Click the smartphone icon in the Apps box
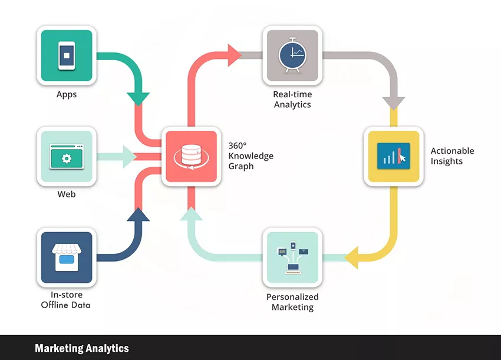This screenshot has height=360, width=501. click(67, 55)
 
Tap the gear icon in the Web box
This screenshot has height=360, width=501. click(67, 158)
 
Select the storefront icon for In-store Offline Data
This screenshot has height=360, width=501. click(67, 257)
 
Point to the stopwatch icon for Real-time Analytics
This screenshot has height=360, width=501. click(292, 55)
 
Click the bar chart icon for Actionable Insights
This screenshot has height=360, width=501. click(394, 156)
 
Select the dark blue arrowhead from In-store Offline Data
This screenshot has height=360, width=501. click(139, 214)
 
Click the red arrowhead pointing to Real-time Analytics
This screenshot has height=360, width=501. click(235, 55)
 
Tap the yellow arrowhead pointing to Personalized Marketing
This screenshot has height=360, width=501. click(351, 257)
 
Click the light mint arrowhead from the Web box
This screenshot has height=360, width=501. click(130, 157)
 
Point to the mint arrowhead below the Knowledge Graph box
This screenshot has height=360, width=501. click(191, 214)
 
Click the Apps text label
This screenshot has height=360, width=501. click(67, 94)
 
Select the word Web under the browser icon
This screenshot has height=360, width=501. click(67, 194)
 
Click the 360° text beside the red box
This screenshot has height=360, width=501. click(238, 146)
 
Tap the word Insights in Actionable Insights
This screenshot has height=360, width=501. click(446, 161)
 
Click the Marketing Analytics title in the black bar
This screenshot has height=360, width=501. click(82, 348)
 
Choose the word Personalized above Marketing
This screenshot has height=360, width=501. click(292, 297)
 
